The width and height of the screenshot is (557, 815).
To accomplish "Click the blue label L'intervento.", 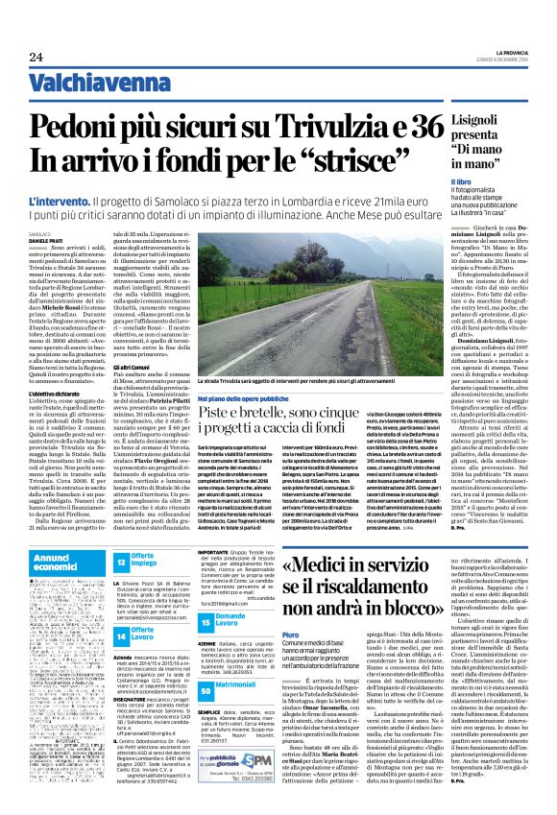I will (x=57, y=203).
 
